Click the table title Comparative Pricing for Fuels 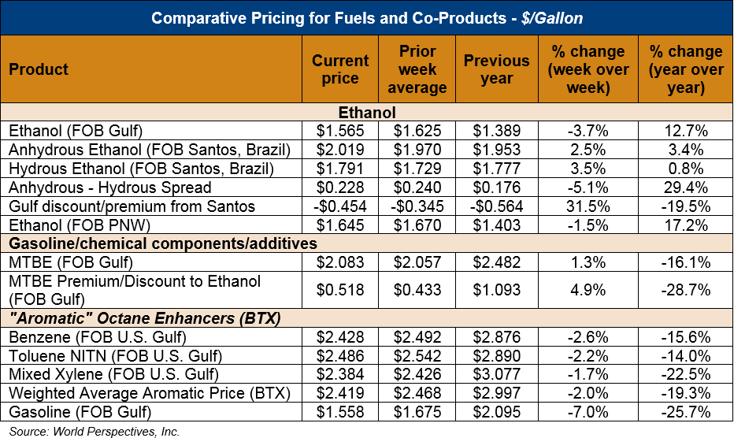click(366, 17)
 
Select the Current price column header click(340, 69)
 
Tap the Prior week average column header click(417, 69)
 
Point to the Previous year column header click(496, 69)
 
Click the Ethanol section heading click(366, 113)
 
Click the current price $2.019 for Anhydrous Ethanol click(340, 150)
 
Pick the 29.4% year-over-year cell click(685, 187)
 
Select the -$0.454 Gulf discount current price click(340, 206)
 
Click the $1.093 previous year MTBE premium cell click(496, 291)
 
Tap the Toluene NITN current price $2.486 click(340, 356)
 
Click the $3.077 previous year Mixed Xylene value click(496, 375)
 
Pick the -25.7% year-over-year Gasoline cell click(685, 412)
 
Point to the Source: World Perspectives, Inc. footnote click(95, 431)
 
